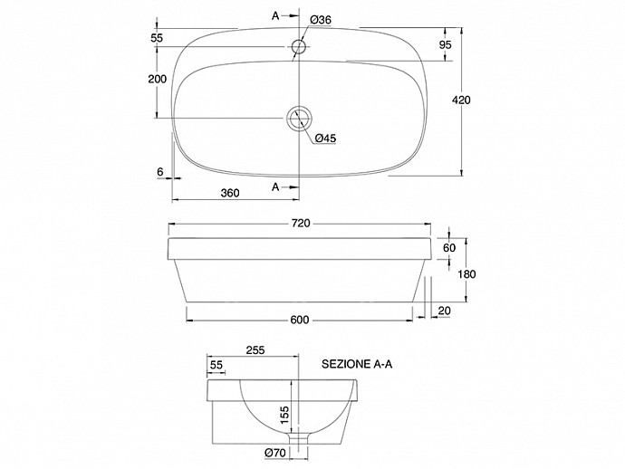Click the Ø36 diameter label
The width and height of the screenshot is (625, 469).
click(x=321, y=20)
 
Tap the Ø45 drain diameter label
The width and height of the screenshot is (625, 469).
click(x=326, y=139)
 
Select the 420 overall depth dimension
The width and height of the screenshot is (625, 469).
click(x=461, y=100)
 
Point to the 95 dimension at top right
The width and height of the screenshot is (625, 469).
click(x=446, y=44)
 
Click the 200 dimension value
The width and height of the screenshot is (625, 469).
click(x=158, y=79)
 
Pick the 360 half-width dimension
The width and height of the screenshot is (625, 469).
click(x=230, y=193)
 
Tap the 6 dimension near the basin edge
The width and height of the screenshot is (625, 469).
click(x=160, y=172)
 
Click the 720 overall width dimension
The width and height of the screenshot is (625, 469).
click(x=300, y=224)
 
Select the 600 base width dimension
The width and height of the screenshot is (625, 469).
click(x=300, y=320)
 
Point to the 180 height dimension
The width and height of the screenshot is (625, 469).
click(x=466, y=274)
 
